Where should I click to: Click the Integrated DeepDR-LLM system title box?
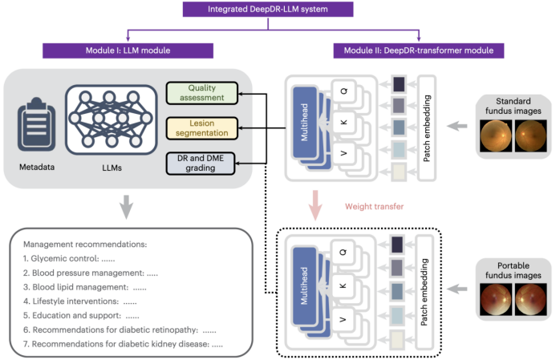tap(268, 9)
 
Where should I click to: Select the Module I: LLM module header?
tap(128, 51)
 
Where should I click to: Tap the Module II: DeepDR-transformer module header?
tap(419, 51)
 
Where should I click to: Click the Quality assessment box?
tap(201, 93)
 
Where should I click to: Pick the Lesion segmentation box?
tap(201, 128)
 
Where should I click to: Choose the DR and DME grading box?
tap(201, 164)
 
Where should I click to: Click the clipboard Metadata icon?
tap(37, 124)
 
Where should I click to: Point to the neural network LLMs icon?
tap(112, 119)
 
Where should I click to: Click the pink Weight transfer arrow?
tap(315, 205)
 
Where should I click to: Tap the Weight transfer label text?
tap(375, 207)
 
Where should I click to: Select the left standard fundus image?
tap(496, 136)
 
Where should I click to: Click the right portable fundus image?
tap(531, 299)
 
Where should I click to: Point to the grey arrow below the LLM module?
tap(126, 207)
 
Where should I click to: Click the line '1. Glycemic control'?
tap(69, 259)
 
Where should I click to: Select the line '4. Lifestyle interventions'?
tap(80, 301)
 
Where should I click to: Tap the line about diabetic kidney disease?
tap(123, 344)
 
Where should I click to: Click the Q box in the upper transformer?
tap(343, 91)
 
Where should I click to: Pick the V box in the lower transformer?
tap(343, 320)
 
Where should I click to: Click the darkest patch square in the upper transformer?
tap(399, 84)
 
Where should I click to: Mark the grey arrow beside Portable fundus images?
tap(457, 289)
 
